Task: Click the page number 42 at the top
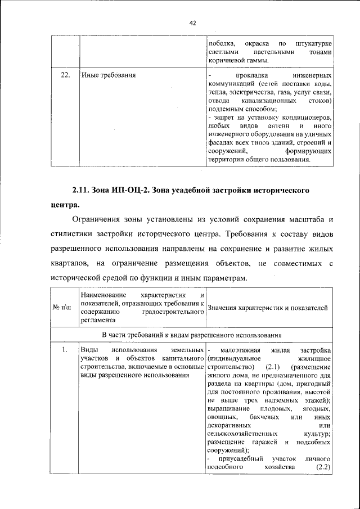coord(192,23)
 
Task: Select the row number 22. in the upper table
coord(65,74)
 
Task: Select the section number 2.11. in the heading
coord(83,190)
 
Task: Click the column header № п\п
coord(63,307)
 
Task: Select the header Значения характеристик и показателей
coord(267,307)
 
